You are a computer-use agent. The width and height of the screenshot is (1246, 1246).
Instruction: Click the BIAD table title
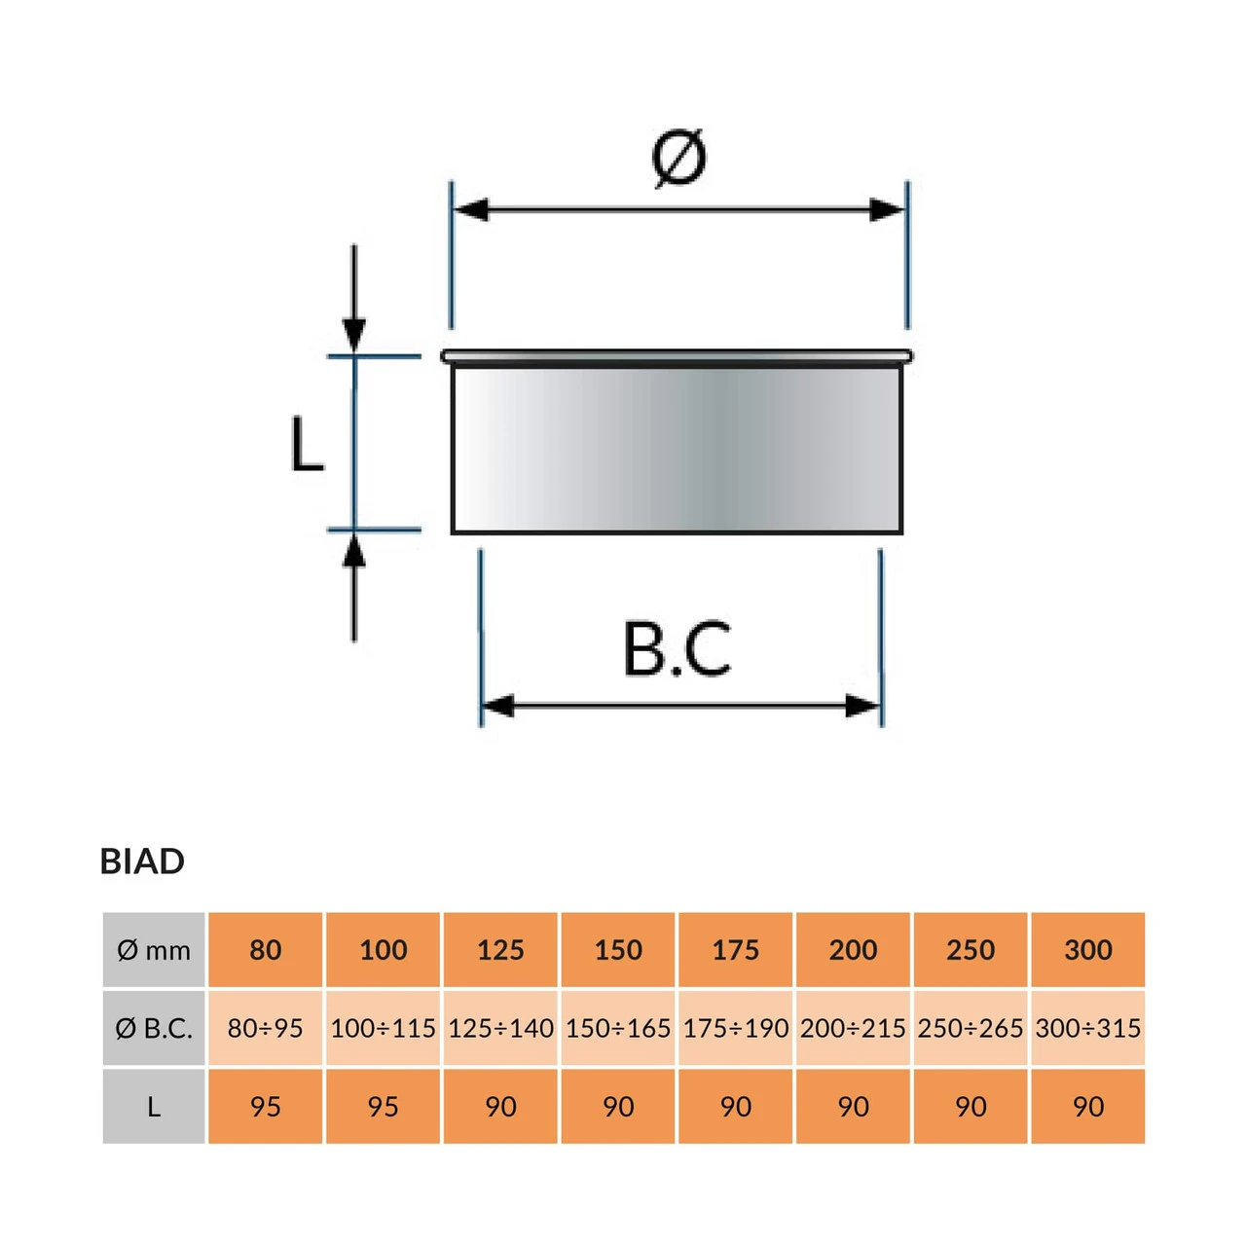click(142, 861)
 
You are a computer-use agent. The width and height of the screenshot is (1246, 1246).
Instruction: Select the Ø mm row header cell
click(154, 950)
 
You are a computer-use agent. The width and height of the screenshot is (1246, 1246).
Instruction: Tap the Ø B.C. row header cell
click(154, 1028)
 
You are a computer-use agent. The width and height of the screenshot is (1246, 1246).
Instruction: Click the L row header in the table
click(154, 1107)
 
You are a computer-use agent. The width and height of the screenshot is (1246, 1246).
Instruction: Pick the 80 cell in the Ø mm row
click(265, 950)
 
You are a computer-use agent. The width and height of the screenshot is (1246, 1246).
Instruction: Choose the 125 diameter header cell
click(500, 950)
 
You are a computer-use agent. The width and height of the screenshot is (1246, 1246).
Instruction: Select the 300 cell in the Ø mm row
click(1087, 950)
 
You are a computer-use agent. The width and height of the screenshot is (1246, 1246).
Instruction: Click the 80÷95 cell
click(265, 1028)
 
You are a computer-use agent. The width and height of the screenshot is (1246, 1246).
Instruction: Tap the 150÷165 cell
click(618, 1028)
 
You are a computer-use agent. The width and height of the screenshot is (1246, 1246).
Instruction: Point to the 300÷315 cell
click(1087, 1028)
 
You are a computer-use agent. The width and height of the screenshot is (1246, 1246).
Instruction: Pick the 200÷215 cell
click(853, 1028)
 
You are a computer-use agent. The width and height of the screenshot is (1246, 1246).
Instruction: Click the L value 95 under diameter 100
click(383, 1107)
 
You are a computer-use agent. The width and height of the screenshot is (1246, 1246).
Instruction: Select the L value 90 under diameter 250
click(971, 1107)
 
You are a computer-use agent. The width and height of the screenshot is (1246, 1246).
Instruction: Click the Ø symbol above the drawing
click(678, 158)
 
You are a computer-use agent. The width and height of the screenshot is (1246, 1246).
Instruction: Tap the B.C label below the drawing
click(678, 649)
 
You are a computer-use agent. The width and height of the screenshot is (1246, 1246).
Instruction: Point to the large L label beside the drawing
click(307, 446)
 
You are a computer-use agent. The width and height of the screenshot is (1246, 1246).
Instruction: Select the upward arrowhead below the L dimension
click(354, 552)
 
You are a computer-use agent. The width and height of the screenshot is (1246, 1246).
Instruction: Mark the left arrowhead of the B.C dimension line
click(498, 706)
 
